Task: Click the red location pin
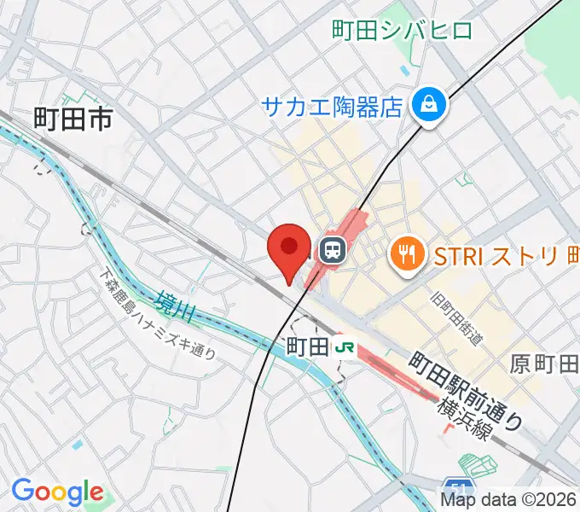coord(288,250)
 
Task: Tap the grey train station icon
coord(331,250)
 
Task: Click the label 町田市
coord(73,119)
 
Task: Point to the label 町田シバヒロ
coord(403,32)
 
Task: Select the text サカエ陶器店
coord(332,107)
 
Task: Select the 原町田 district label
coord(544,364)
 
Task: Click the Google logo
coord(56,492)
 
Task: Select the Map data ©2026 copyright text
coord(509,501)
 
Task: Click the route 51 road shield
coord(458,489)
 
